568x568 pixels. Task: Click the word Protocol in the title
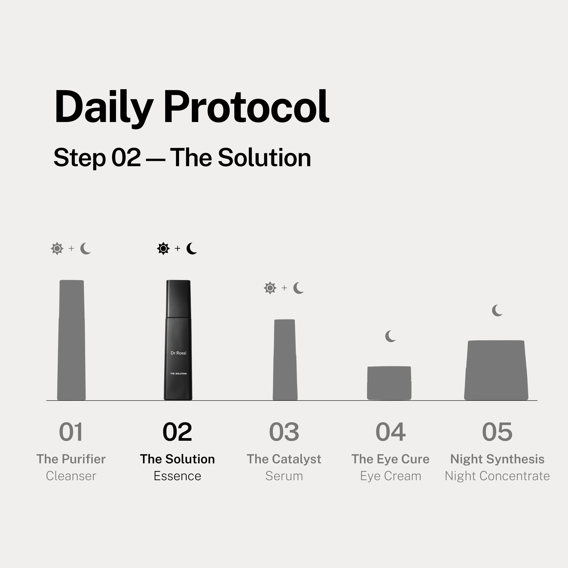(246, 107)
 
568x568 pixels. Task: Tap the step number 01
(71, 432)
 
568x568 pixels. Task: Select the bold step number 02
(177, 432)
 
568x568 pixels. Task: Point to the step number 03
(284, 432)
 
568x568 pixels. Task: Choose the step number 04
(390, 432)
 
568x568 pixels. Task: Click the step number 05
(497, 432)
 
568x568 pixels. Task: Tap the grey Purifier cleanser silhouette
(72, 340)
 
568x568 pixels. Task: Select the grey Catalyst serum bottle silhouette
(285, 360)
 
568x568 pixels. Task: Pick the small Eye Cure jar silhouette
(389, 383)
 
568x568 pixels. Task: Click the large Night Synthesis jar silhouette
(496, 370)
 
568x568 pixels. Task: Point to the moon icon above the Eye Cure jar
(390, 336)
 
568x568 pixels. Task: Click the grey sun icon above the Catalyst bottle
(270, 288)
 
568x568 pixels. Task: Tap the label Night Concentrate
(497, 476)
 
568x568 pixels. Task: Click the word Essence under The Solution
(177, 476)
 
